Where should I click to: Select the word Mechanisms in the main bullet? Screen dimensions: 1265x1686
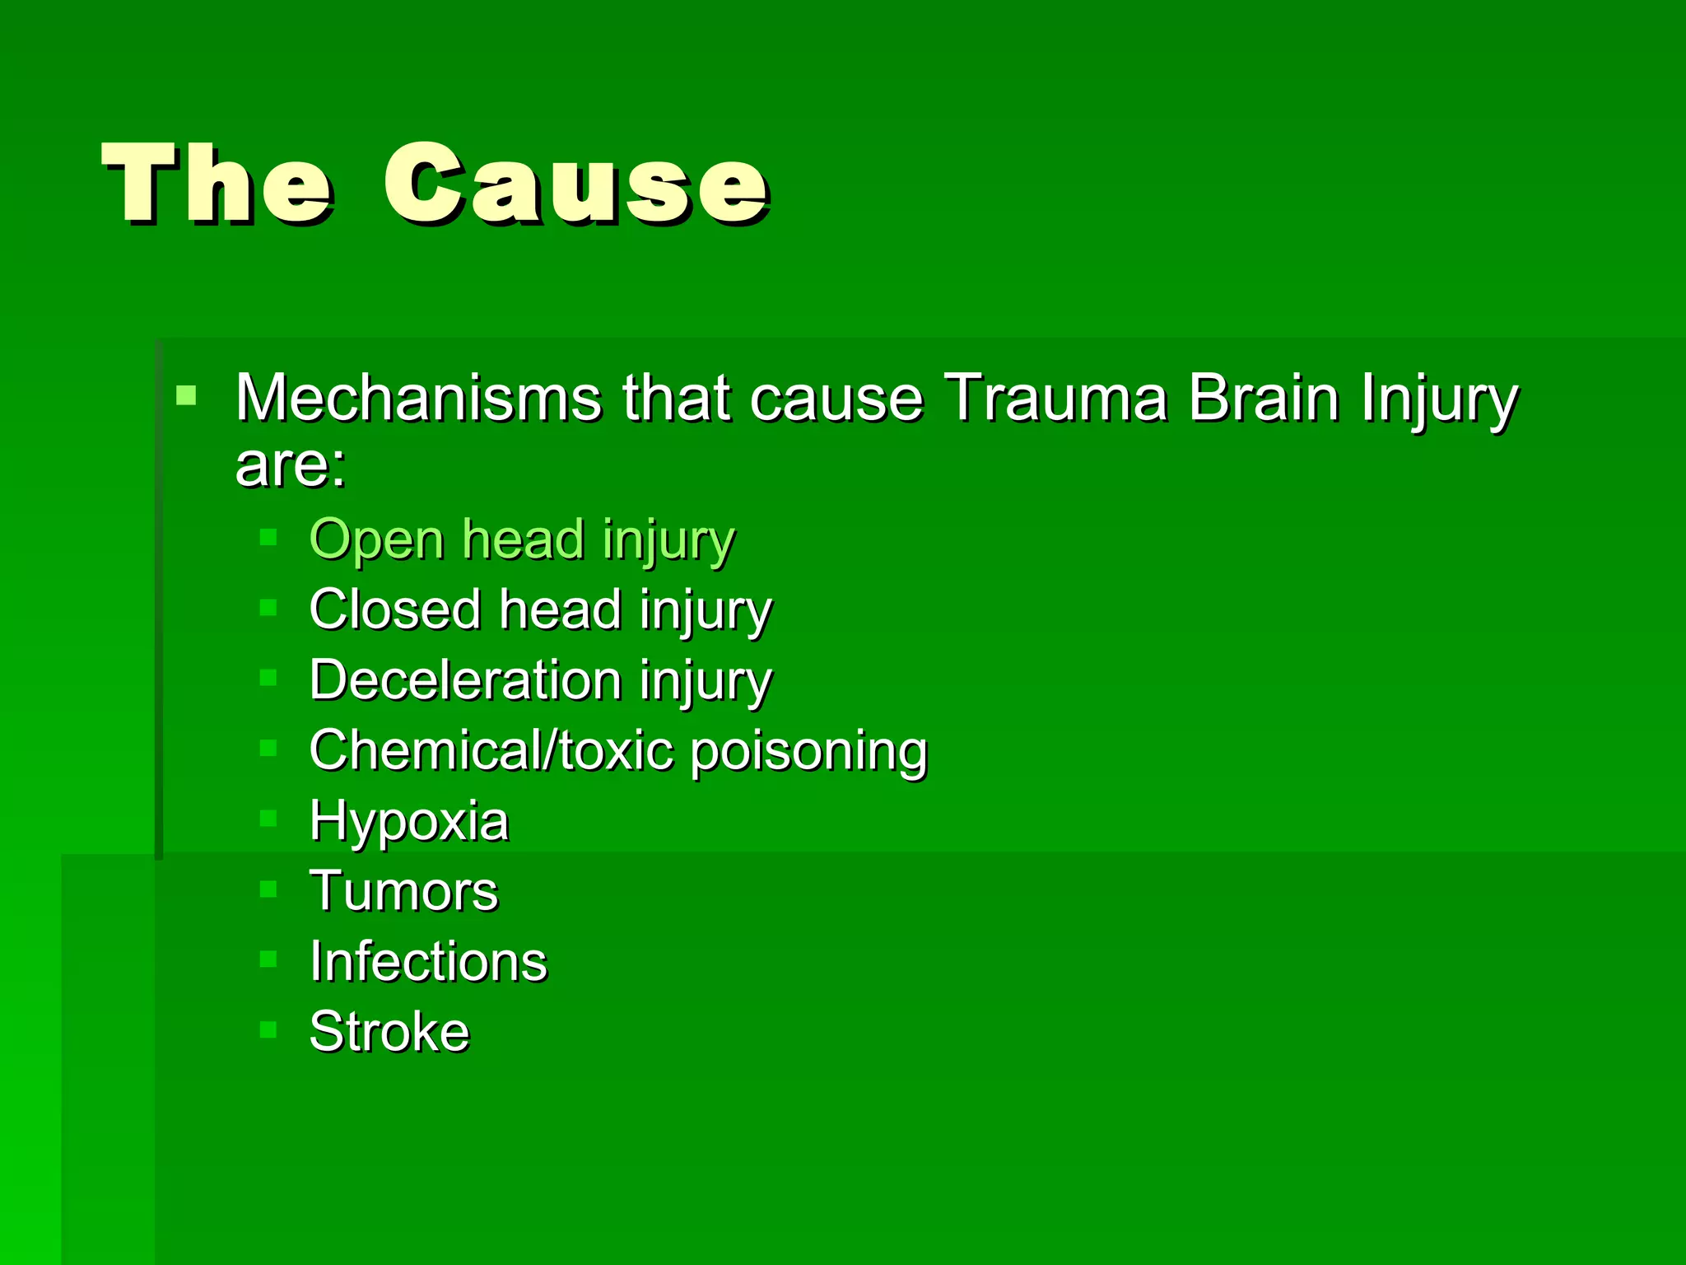pos(418,399)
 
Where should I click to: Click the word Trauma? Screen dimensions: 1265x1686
pos(1055,399)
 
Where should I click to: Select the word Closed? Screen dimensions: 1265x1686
pos(394,610)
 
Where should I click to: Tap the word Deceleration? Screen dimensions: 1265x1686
pos(465,680)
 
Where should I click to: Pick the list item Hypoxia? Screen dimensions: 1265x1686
pos(409,822)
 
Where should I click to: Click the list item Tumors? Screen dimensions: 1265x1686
pos(403,891)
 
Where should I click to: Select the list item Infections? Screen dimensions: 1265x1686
pos(428,961)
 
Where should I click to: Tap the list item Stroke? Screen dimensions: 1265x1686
pos(389,1031)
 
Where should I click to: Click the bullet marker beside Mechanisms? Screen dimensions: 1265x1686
pos(187,394)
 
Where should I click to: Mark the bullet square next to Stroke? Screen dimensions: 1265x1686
pos(268,1029)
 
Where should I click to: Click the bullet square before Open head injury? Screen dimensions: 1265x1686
pos(268,538)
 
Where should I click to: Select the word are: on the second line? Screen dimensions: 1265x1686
pos(291,465)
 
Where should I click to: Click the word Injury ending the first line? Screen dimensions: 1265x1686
pos(1438,400)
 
